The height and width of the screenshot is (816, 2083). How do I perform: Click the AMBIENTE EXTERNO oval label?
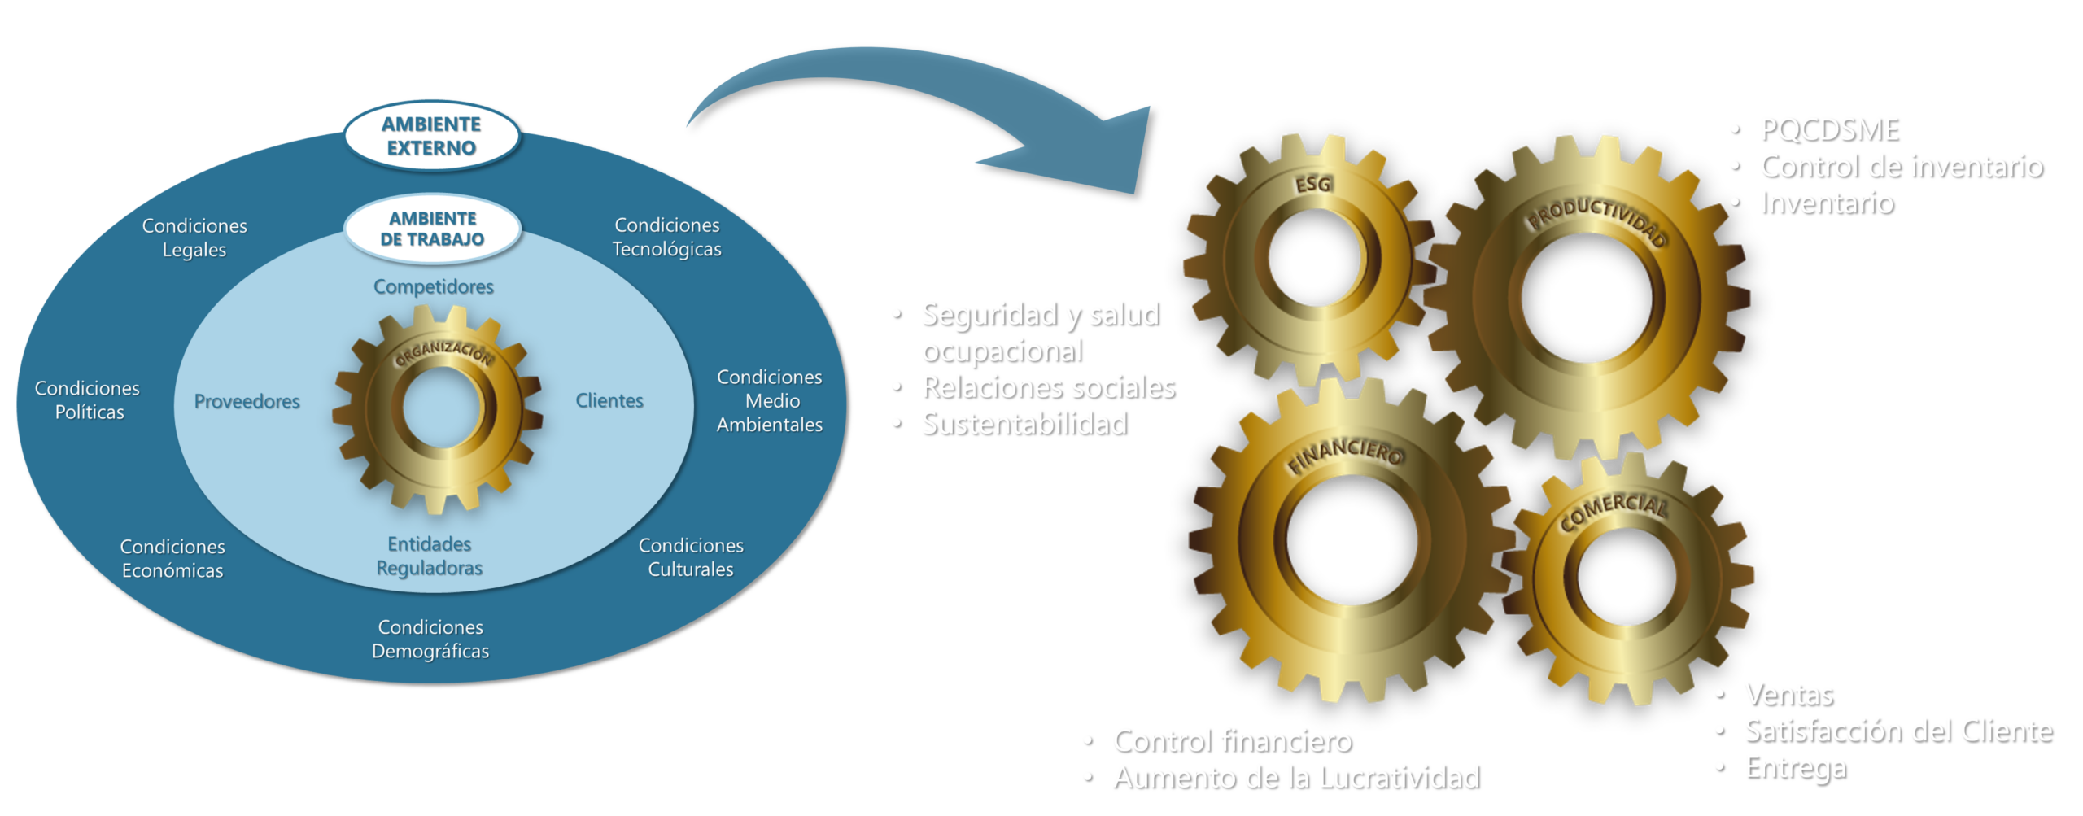tap(431, 136)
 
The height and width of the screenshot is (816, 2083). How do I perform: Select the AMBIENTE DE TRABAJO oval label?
tap(432, 229)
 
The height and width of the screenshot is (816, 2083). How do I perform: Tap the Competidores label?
tap(434, 287)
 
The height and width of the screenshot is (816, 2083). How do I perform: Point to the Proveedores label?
tap(247, 401)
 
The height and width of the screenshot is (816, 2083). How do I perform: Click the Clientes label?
tap(609, 400)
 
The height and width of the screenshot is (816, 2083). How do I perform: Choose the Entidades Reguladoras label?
tap(430, 556)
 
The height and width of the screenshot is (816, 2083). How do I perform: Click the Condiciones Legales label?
tap(194, 238)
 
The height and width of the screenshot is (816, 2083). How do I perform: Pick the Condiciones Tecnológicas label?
tap(667, 237)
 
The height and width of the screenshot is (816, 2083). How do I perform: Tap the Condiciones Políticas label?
tap(88, 400)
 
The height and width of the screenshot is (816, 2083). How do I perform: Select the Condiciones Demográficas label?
tap(430, 639)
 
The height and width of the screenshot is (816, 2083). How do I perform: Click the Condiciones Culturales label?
tap(691, 557)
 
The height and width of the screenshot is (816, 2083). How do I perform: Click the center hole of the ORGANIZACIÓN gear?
tap(439, 407)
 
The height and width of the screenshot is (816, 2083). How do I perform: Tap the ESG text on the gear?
tap(1313, 185)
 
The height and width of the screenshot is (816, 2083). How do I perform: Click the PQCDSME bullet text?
tap(1828, 129)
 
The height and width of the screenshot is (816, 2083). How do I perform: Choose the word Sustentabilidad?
tap(1024, 424)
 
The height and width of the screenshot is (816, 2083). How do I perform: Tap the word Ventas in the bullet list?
tap(1788, 694)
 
